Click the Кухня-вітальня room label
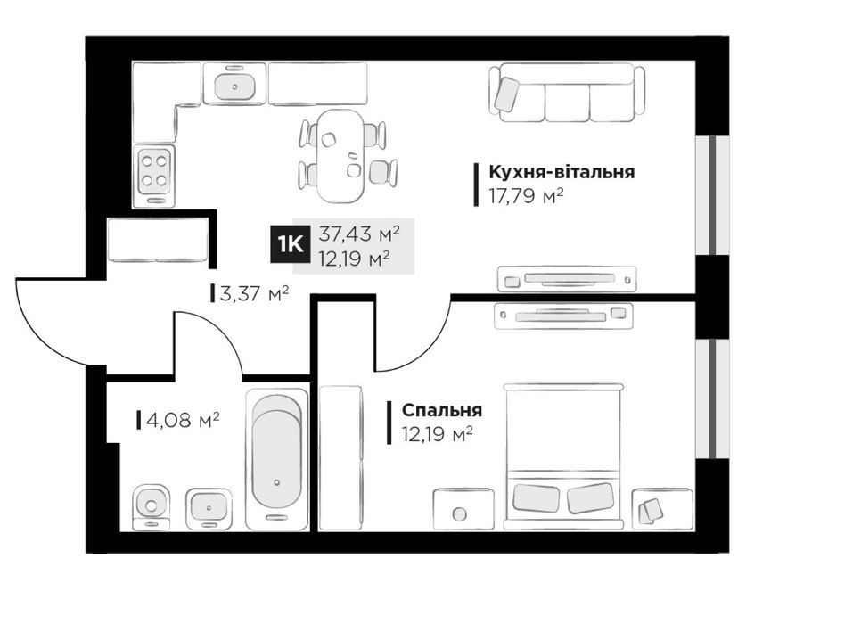562,172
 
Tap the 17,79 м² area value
527,196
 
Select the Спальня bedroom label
442,410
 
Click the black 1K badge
291,244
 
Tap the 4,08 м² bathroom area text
183,421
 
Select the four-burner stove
154,176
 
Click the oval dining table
340,156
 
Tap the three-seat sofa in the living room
567,93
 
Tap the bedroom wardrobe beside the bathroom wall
341,458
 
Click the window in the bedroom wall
712,398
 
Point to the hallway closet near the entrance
158,240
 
